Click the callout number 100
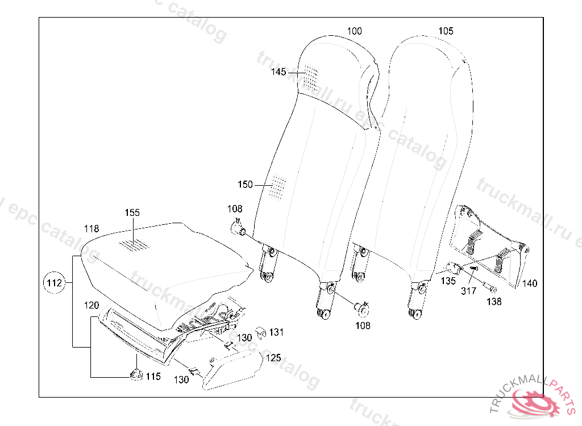354,31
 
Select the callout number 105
446,31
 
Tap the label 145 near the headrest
278,72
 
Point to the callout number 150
245,185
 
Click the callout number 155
132,212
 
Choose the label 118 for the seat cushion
92,228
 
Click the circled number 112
54,283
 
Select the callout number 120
92,305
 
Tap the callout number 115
153,376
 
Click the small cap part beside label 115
136,374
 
